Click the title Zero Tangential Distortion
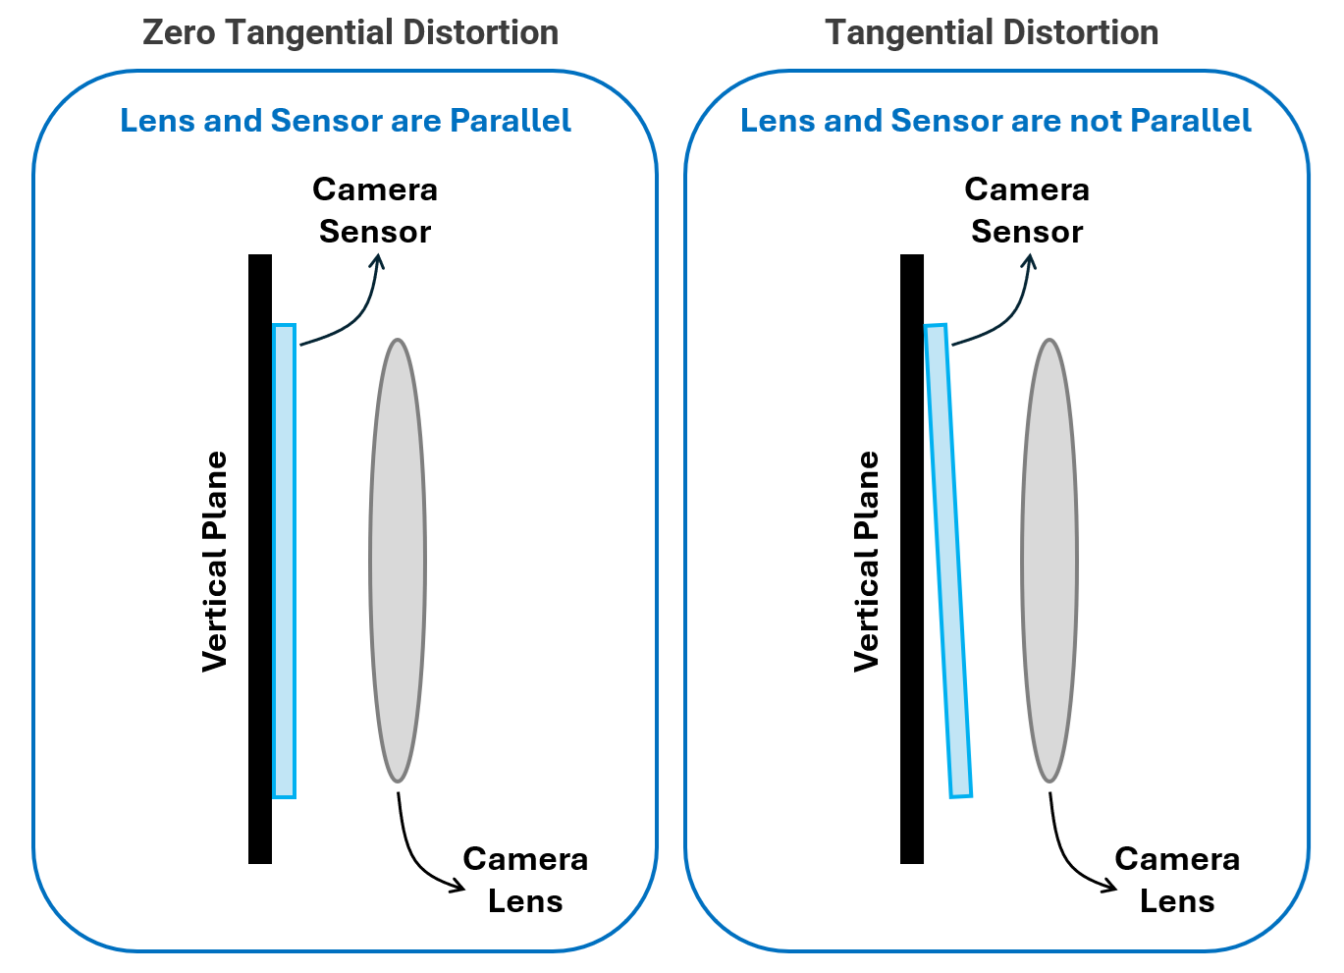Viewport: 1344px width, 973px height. click(x=350, y=32)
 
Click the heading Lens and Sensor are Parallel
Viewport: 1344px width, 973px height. click(x=346, y=121)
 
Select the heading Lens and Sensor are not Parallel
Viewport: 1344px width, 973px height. click(x=995, y=121)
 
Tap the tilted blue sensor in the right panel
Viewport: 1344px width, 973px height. click(x=948, y=560)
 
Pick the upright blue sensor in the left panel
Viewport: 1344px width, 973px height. click(x=284, y=560)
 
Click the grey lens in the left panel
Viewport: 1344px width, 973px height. click(x=398, y=560)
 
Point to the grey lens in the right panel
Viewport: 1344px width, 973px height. click(x=1049, y=560)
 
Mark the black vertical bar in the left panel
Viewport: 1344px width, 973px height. click(x=260, y=560)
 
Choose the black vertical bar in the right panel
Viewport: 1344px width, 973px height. click(x=912, y=560)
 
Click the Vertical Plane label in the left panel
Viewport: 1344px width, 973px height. click(x=214, y=562)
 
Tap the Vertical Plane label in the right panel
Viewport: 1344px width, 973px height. click(x=866, y=562)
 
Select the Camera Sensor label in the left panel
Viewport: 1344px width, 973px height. click(x=375, y=210)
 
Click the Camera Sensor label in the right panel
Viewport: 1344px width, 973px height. click(x=1027, y=210)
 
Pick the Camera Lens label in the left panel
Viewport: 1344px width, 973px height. click(x=525, y=880)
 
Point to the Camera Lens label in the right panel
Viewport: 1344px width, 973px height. click(x=1177, y=880)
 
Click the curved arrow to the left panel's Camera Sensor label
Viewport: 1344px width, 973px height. click(x=358, y=314)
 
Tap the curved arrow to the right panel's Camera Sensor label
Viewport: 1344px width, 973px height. click(x=1010, y=314)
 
